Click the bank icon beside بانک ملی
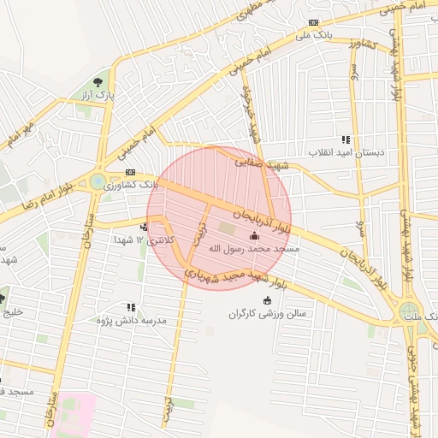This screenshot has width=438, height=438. [x=314, y=23]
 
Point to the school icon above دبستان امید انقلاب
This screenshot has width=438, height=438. [x=346, y=139]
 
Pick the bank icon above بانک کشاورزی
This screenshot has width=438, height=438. [x=130, y=172]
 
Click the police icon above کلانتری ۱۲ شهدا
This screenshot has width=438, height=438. [x=144, y=228]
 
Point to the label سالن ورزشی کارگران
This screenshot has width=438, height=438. [x=267, y=313]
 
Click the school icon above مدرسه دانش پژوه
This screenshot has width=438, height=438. [x=131, y=307]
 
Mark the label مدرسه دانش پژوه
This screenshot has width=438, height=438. [x=131, y=320]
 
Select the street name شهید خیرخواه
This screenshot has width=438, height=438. [x=250, y=113]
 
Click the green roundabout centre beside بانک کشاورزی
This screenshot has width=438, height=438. [x=98, y=181]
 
